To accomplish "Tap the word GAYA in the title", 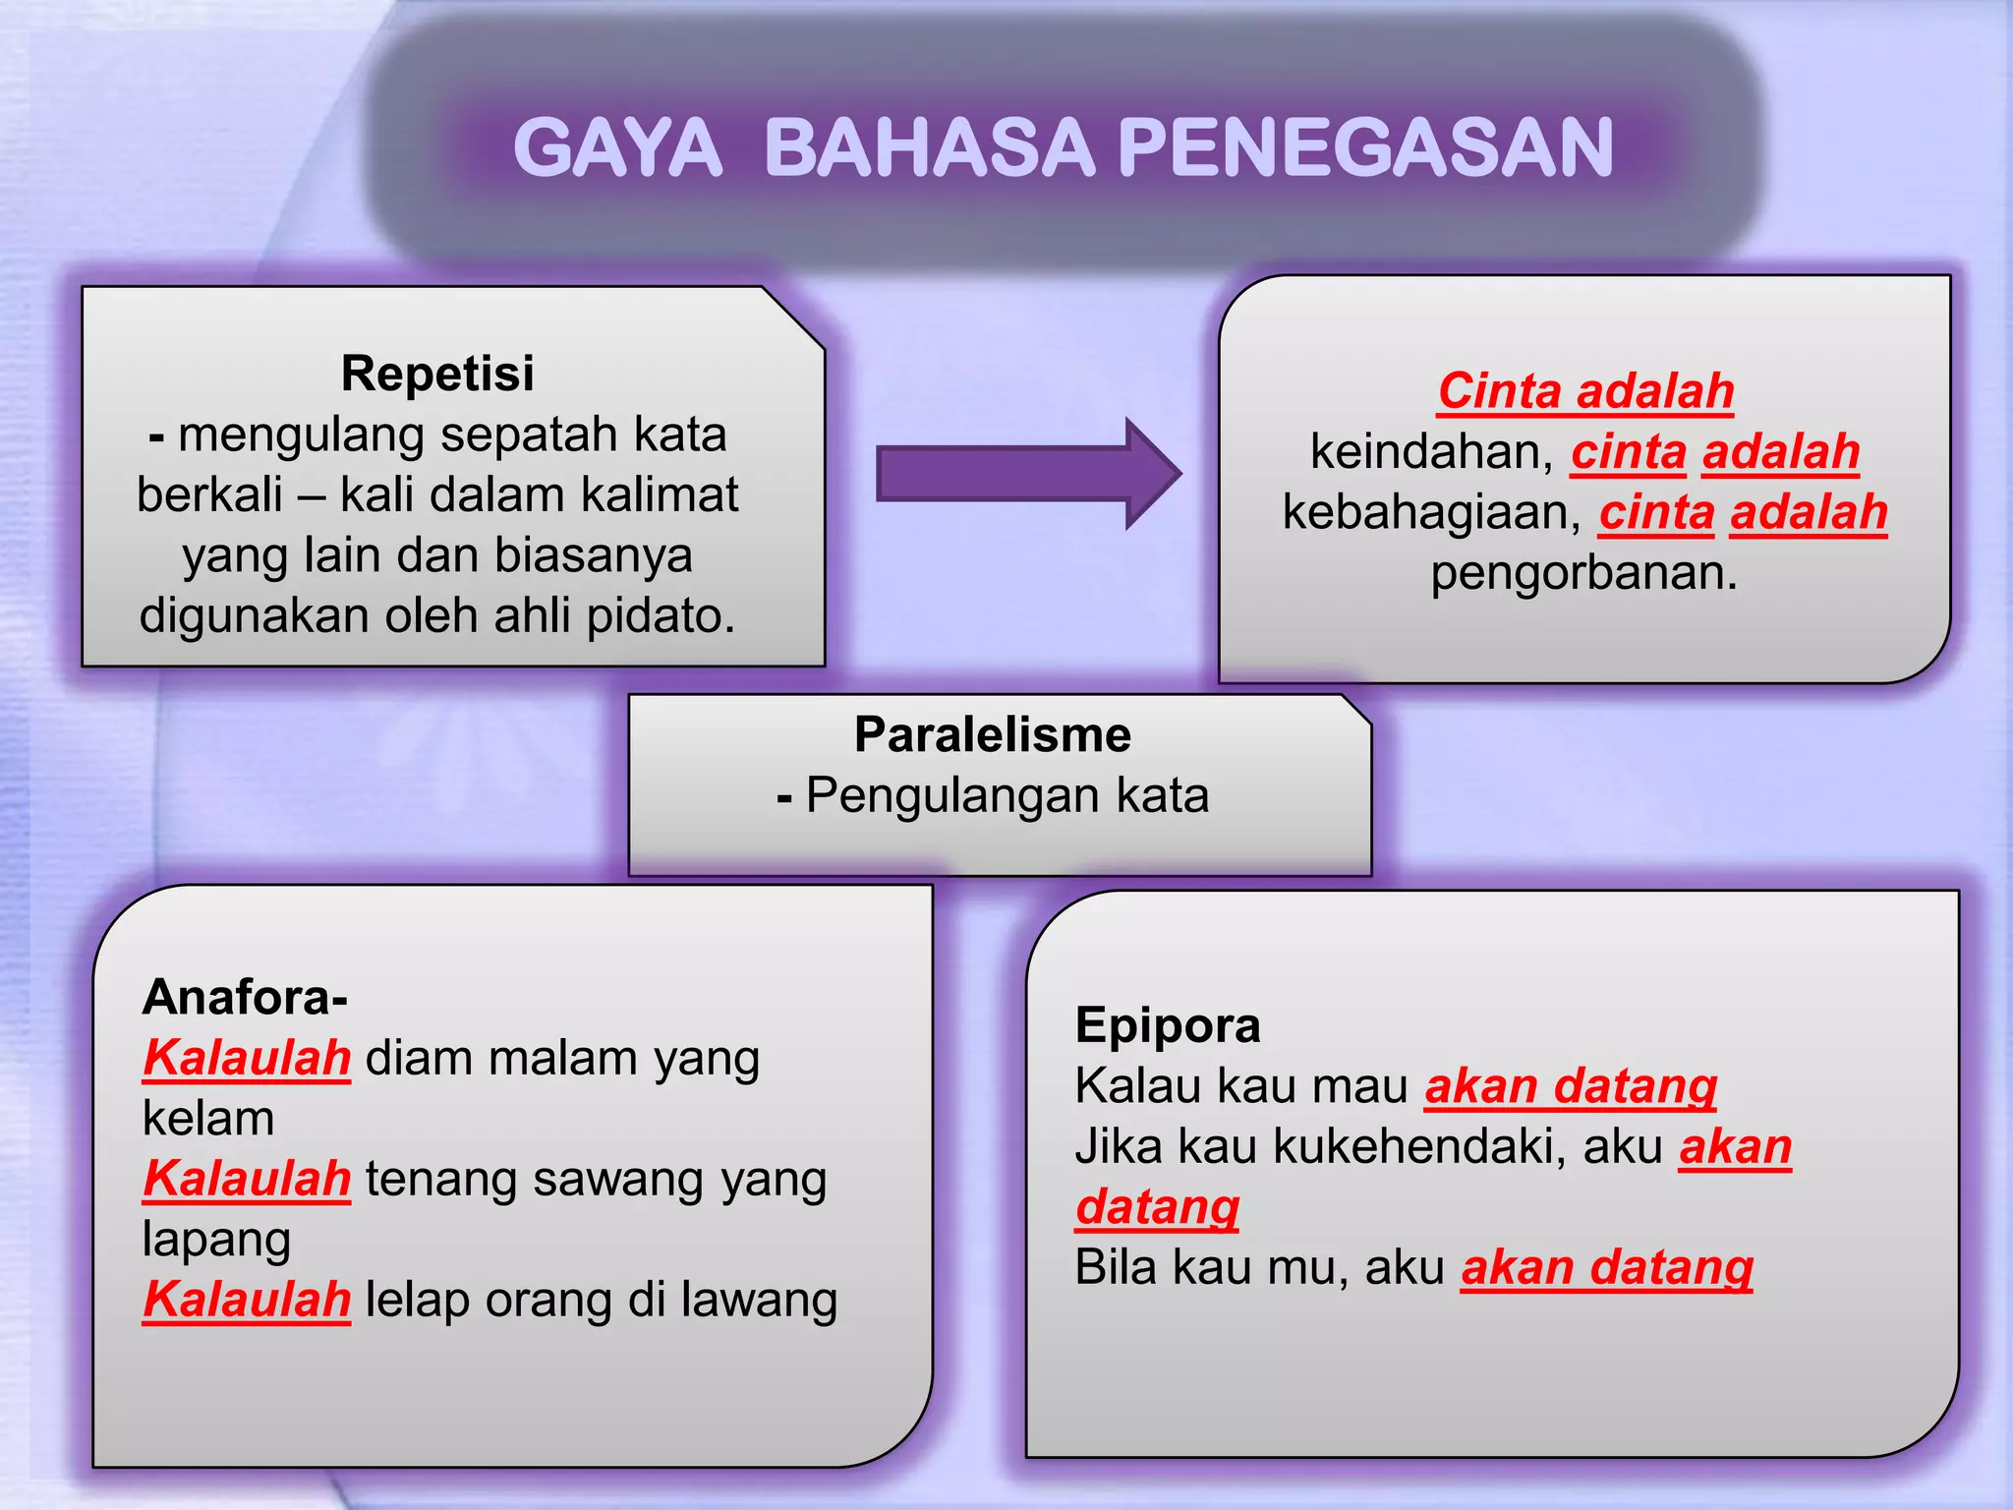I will pyautogui.click(x=617, y=147).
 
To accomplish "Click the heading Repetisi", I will pyautogui.click(x=437, y=374).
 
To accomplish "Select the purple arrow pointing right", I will pyautogui.click(x=1027, y=474).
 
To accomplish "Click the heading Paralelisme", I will pyautogui.click(x=993, y=734).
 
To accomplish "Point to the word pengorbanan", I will pyautogui.click(x=1583, y=572).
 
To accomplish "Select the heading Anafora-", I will pyautogui.click(x=245, y=997).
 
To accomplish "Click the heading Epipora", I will pyautogui.click(x=1168, y=1025).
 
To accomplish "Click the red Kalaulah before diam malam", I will pyautogui.click(x=247, y=1059).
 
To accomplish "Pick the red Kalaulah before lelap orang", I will pyautogui.click(x=247, y=1300).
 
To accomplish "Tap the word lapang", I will pyautogui.click(x=216, y=1241).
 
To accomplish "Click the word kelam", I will pyautogui.click(x=208, y=1119).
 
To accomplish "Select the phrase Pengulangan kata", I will pyautogui.click(x=1006, y=795).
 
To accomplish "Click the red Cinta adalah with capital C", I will pyautogui.click(x=1585, y=391).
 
